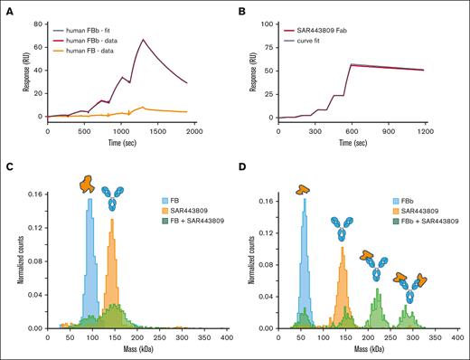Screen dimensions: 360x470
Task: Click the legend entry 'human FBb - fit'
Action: (x=101, y=21)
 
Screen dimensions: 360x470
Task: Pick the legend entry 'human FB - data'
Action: (x=102, y=43)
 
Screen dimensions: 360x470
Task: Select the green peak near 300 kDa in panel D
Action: (x=412, y=317)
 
